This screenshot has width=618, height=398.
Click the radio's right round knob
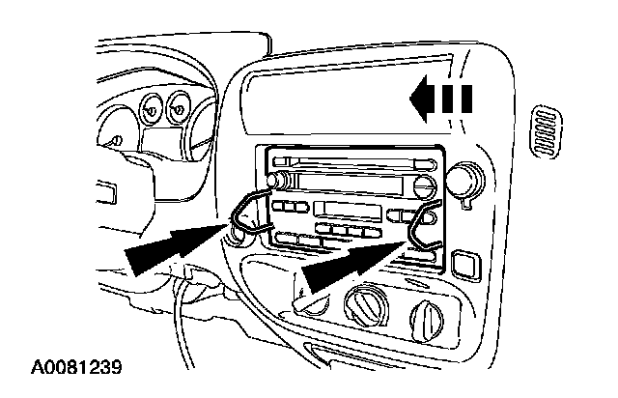[425, 186]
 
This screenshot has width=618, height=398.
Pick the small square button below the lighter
[463, 261]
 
